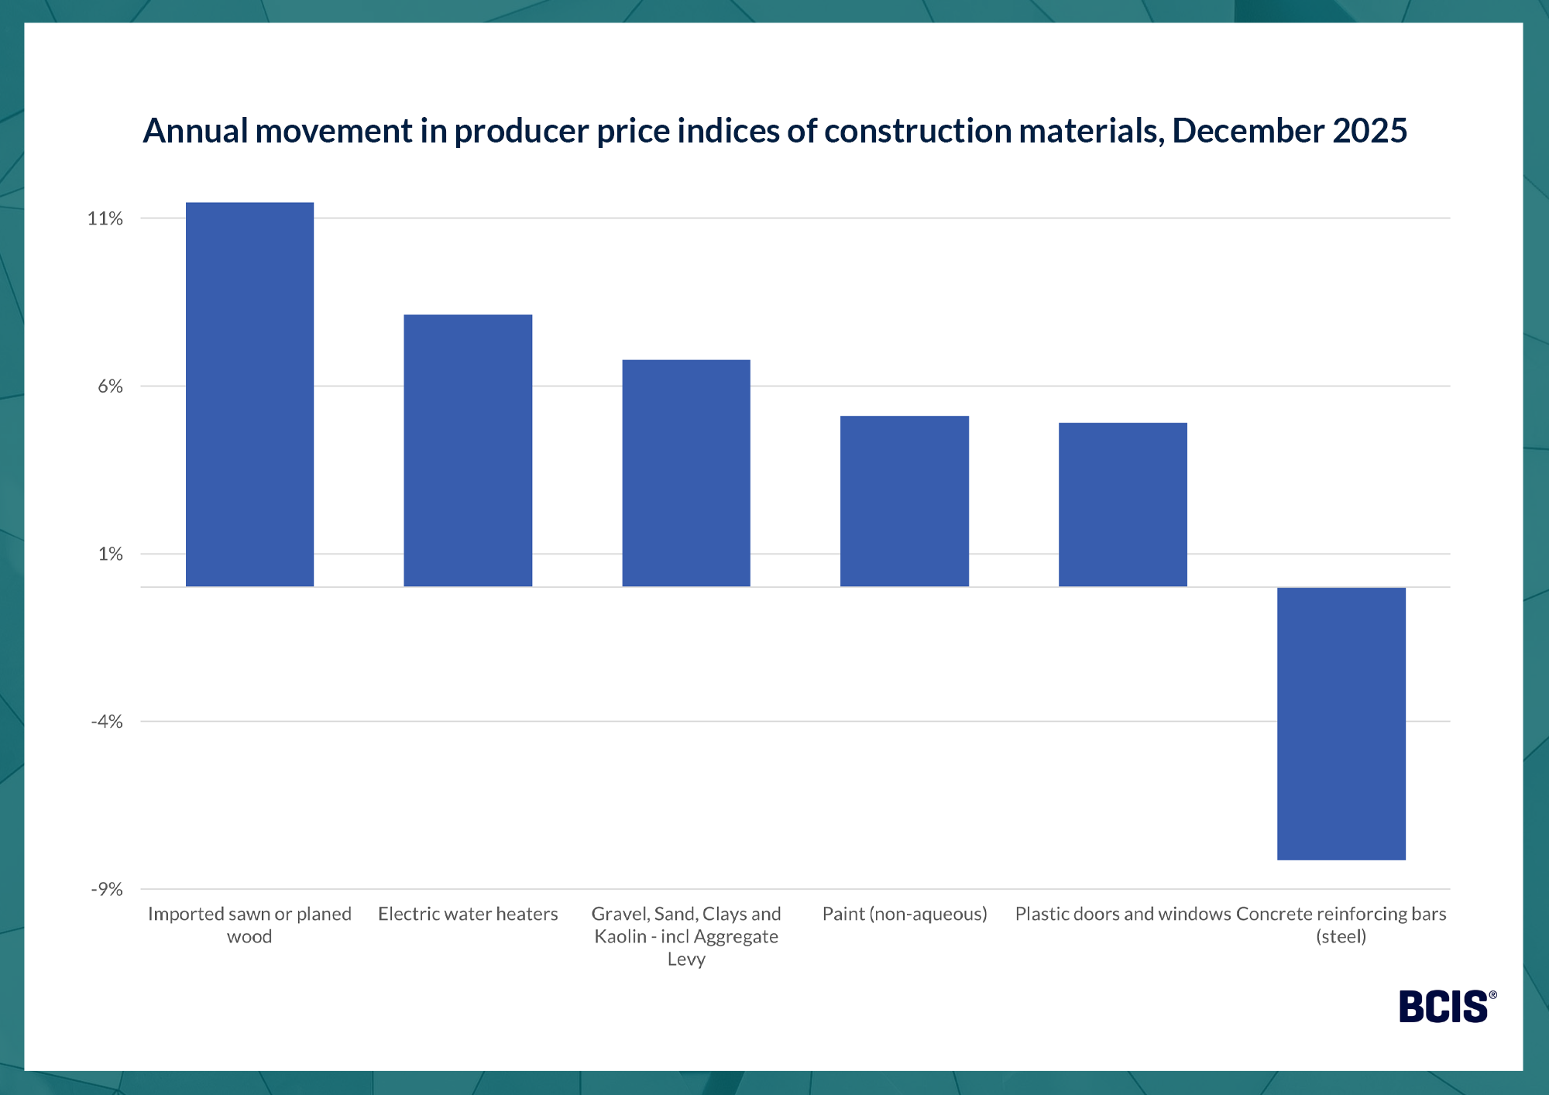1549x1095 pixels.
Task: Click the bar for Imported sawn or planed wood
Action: (249, 395)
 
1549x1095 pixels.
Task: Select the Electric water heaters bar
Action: (468, 451)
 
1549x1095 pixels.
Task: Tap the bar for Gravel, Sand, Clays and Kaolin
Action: (686, 473)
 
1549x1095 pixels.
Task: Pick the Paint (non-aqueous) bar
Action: (905, 501)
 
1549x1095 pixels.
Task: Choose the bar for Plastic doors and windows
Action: (1122, 505)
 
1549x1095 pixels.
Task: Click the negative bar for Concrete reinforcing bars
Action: (1341, 723)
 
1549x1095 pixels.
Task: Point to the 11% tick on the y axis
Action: (105, 218)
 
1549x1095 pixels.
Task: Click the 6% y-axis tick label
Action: (110, 386)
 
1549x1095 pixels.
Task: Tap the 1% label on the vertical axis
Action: (110, 554)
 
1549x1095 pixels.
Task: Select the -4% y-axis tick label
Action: (107, 722)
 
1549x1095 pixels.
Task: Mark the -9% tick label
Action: (107, 889)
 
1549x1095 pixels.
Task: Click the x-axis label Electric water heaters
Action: (468, 914)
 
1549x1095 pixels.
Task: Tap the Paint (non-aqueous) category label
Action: (905, 914)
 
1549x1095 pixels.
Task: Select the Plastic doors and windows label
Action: (1122, 914)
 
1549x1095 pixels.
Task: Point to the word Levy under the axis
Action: (686, 959)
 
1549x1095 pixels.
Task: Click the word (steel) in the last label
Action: (1341, 936)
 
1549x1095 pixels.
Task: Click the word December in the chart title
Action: (1248, 131)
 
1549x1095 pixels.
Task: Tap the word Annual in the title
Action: (195, 131)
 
